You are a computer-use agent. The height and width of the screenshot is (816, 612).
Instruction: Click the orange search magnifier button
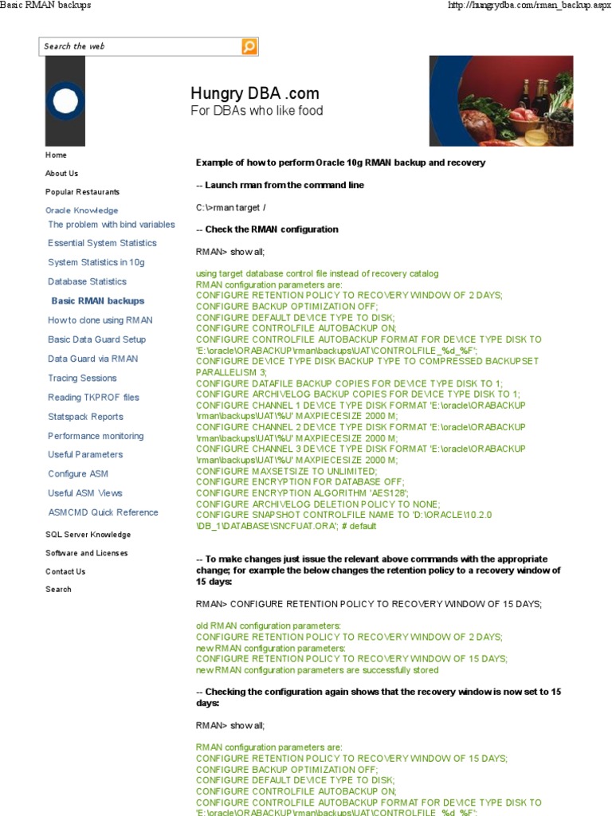click(249, 46)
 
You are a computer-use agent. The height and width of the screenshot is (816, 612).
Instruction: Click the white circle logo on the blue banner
click(65, 100)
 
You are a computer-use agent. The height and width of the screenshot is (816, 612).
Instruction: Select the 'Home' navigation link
click(56, 155)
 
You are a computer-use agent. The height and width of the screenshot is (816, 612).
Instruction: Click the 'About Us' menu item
click(61, 173)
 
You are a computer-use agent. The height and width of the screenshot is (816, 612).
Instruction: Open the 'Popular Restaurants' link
click(82, 192)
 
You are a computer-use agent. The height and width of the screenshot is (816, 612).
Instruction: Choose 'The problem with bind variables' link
click(112, 225)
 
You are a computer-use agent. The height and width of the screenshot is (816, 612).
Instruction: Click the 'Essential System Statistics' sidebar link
click(102, 243)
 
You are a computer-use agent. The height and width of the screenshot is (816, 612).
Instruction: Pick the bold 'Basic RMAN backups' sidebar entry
click(98, 301)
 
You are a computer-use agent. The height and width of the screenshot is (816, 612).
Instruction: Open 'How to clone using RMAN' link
click(100, 320)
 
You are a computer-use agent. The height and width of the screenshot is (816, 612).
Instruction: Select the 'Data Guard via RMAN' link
click(92, 359)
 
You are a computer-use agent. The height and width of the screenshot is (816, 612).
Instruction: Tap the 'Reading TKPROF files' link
click(93, 398)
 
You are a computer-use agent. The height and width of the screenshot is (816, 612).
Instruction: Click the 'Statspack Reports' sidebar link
click(85, 417)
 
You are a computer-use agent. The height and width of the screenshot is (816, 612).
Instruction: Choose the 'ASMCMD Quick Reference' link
click(103, 512)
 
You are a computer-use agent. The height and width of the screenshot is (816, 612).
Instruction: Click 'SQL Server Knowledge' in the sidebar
click(88, 535)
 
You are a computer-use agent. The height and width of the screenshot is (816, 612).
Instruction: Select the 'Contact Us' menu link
click(65, 571)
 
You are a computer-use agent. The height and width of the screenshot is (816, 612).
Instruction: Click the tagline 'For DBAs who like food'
click(257, 111)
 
